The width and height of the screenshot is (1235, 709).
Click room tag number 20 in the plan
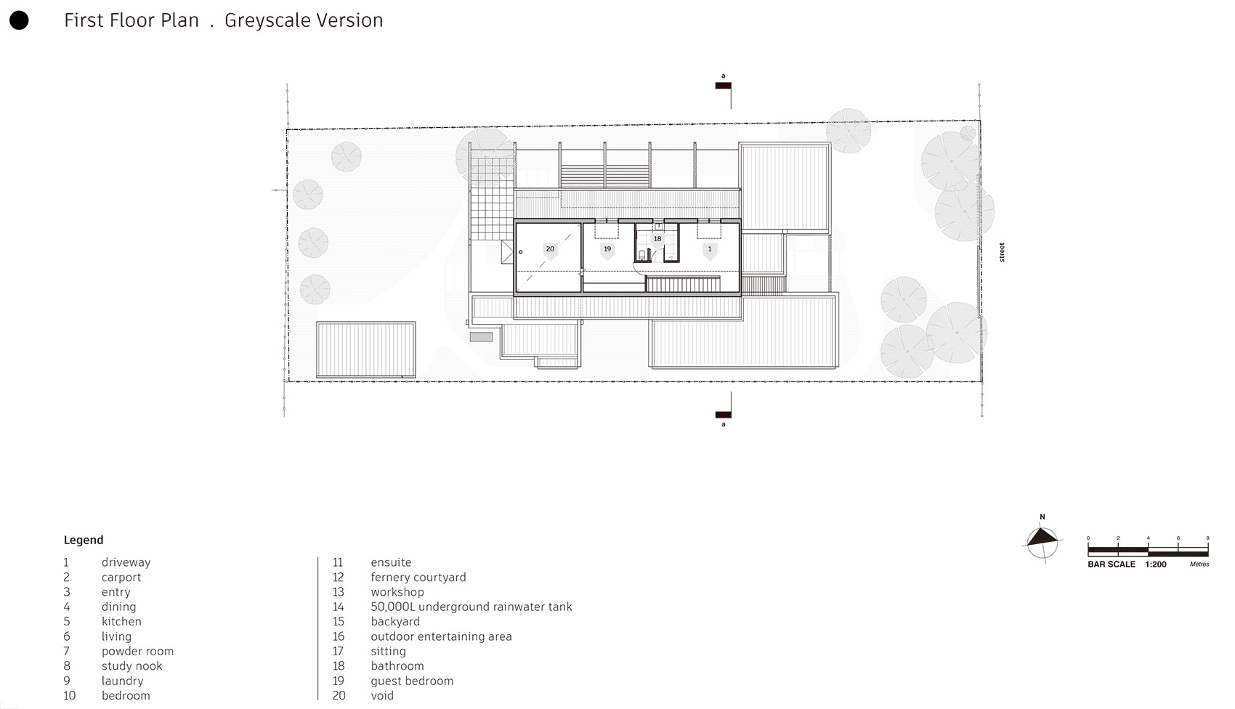coord(550,249)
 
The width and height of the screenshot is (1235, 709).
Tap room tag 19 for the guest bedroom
coord(607,249)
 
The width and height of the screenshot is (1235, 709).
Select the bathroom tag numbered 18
coord(657,238)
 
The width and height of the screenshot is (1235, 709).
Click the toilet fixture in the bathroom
coord(642,255)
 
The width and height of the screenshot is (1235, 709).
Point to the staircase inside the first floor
coord(683,283)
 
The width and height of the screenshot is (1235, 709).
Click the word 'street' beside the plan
coord(1002,252)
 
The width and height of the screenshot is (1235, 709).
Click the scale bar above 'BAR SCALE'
coord(1148,551)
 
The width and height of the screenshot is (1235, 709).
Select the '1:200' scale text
coord(1156,564)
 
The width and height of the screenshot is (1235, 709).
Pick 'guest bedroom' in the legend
coord(411,681)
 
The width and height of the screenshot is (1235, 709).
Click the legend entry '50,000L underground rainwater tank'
coord(471,607)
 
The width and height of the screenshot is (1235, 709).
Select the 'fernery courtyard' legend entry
coord(418,577)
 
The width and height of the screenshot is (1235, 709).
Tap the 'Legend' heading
coord(83,540)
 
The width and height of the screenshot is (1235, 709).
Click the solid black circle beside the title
coord(19,20)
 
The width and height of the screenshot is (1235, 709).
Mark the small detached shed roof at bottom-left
coord(365,349)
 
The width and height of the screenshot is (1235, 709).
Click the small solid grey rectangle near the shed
coord(481,337)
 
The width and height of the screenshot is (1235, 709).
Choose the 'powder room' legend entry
coord(137,651)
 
